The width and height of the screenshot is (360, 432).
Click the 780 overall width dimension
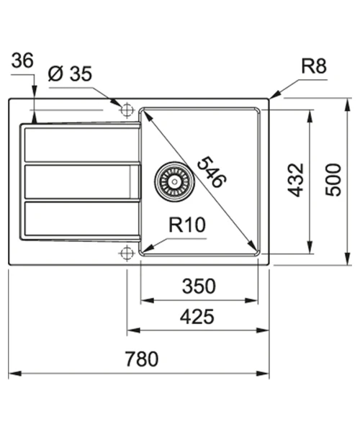(142, 359)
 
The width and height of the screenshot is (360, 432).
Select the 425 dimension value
(197, 317)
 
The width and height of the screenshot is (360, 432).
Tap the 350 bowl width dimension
(199, 287)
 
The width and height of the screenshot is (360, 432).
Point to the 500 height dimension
(333, 180)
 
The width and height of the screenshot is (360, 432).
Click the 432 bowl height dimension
(295, 180)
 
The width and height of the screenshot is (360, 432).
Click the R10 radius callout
(187, 225)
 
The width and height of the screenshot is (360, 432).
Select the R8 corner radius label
(314, 66)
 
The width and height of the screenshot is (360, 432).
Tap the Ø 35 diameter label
(70, 73)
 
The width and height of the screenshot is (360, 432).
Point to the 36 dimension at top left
(22, 60)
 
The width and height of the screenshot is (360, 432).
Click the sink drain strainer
(174, 181)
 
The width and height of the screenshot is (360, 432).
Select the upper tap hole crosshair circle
(127, 110)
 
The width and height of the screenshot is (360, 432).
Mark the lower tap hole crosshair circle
(127, 253)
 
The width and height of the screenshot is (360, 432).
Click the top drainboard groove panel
(82, 145)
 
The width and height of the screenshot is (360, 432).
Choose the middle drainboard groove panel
(83, 181)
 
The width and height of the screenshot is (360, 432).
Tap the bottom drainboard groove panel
(82, 219)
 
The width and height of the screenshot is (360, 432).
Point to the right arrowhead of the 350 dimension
(251, 300)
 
